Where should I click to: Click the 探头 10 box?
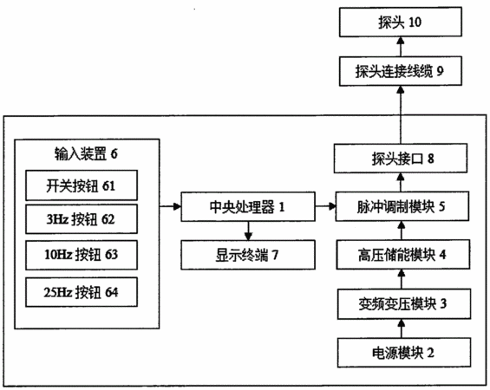click(x=401, y=22)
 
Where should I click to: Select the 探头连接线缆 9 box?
click(x=401, y=71)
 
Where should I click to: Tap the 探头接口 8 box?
click(x=401, y=159)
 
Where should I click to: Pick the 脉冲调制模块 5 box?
click(x=402, y=207)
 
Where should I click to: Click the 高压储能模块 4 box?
click(x=402, y=255)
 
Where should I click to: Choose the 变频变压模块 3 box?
click(x=404, y=304)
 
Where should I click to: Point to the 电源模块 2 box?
click(x=404, y=353)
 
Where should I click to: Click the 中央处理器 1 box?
click(x=248, y=207)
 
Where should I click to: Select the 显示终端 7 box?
click(x=248, y=255)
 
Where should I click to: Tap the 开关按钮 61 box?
click(x=82, y=185)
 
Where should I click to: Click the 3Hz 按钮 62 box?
click(x=82, y=219)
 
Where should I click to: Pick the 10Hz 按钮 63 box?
click(x=82, y=255)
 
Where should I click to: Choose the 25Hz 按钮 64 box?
click(x=82, y=292)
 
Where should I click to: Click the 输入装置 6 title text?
click(x=86, y=153)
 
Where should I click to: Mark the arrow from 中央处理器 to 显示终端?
click(x=248, y=231)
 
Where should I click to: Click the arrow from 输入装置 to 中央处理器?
click(x=170, y=206)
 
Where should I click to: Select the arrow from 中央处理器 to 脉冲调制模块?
click(x=325, y=206)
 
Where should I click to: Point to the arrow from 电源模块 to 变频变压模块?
click(x=402, y=328)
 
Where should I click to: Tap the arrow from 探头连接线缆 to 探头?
click(x=401, y=47)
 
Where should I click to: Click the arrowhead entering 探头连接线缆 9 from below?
click(x=401, y=89)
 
